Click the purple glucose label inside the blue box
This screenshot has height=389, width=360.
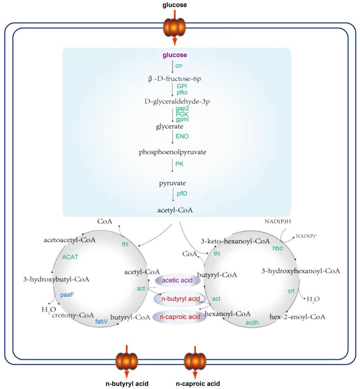[x=175, y=55]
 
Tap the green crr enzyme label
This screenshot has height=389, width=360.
[x=179, y=66]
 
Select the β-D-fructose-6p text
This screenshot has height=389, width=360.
[x=175, y=79]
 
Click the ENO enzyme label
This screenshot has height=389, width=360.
[x=182, y=136]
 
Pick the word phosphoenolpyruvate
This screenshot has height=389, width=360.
[x=173, y=152]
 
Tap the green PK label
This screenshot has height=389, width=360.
[x=179, y=164]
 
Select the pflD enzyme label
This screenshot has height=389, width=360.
[x=182, y=194]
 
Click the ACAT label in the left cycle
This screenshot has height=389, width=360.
[x=70, y=257]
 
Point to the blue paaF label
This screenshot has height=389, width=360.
[x=67, y=295]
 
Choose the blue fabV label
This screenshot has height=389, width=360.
[x=101, y=322]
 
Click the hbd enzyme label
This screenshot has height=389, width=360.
[x=277, y=248]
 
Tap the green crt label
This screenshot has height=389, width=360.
[x=291, y=291]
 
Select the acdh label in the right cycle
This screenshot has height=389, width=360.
[x=251, y=323]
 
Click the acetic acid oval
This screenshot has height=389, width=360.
[x=177, y=280]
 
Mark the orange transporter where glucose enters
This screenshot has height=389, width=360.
[x=175, y=27]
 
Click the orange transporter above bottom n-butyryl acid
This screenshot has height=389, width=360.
[x=127, y=361]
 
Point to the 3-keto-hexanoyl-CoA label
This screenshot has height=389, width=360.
[x=235, y=241]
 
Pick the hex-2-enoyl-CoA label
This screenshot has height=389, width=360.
[x=297, y=317]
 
